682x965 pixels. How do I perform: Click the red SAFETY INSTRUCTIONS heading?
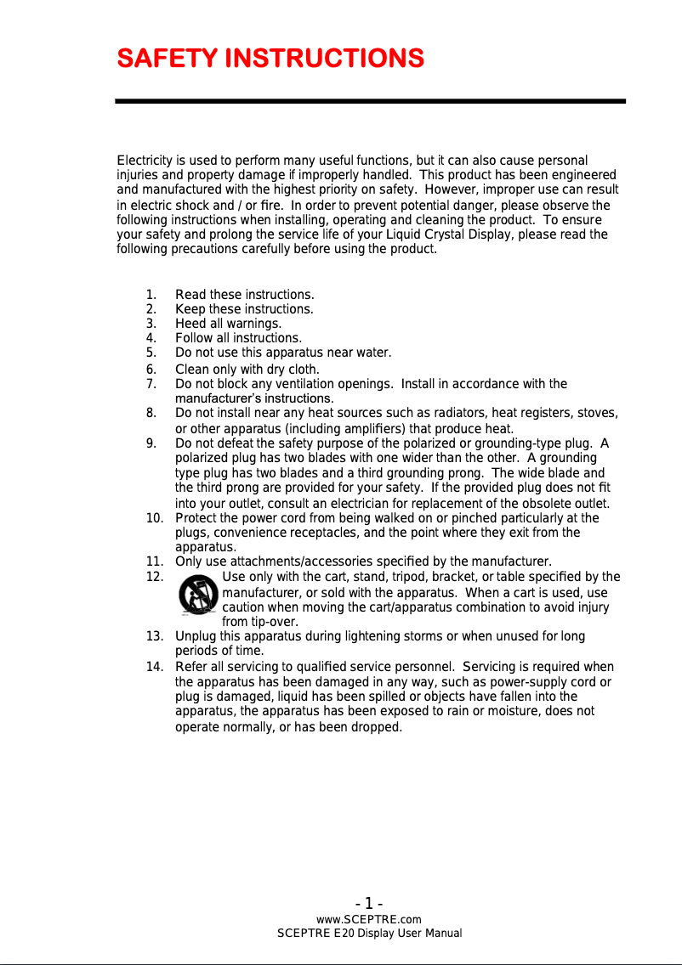click(x=270, y=59)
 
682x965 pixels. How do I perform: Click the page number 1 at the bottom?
click(x=369, y=903)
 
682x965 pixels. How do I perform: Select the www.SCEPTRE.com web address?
click(x=369, y=919)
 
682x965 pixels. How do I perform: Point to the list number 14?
click(x=154, y=667)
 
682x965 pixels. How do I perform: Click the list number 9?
click(x=151, y=443)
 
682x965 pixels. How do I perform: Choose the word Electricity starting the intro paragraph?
click(x=145, y=161)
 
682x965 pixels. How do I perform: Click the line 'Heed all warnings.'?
click(x=228, y=324)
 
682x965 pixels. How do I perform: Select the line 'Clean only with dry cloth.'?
click(x=247, y=370)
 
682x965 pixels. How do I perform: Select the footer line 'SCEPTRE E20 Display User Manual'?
click(x=369, y=934)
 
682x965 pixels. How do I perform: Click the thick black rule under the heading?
click(x=370, y=101)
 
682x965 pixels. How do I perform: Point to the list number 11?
click(x=154, y=561)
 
